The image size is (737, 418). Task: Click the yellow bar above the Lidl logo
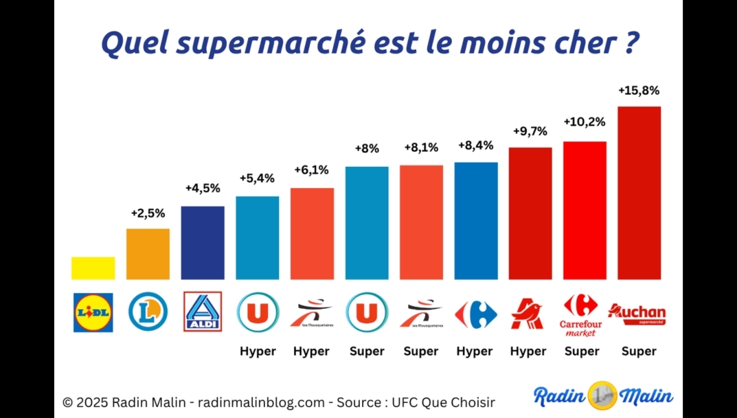click(x=93, y=268)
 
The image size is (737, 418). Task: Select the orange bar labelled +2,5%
click(x=148, y=254)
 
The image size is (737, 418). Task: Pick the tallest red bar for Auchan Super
click(x=639, y=193)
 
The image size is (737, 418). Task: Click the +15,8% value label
click(x=639, y=90)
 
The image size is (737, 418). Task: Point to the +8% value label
click(x=367, y=149)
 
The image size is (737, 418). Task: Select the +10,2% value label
click(x=585, y=121)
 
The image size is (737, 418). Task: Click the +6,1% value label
click(x=312, y=170)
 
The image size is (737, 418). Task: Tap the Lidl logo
click(x=93, y=312)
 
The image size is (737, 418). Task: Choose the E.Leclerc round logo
click(x=148, y=312)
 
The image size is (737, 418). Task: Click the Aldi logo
click(x=203, y=312)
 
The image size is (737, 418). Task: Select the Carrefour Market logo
click(x=580, y=315)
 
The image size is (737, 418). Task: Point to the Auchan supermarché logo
click(x=637, y=314)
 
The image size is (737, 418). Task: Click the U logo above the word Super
click(x=367, y=313)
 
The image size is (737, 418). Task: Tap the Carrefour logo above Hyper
click(x=475, y=314)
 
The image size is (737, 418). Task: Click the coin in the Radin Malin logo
click(x=602, y=396)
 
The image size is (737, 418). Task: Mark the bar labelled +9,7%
click(x=530, y=213)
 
